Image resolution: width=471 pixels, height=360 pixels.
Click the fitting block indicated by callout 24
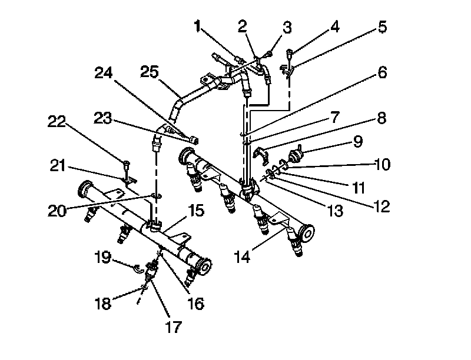(x=195, y=139)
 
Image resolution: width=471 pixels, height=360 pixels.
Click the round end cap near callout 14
(x=306, y=233)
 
